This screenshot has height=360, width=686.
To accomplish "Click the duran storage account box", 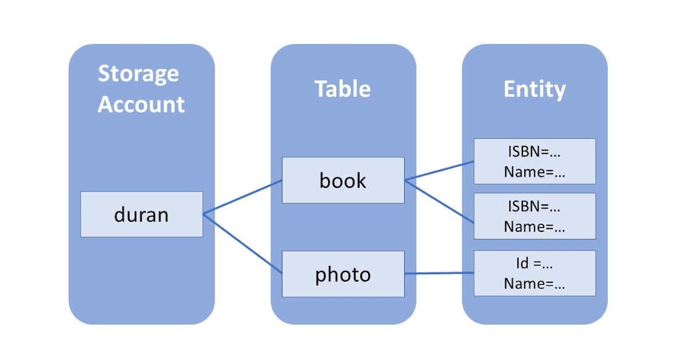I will (141, 214).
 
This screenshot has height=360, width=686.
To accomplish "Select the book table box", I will (343, 181).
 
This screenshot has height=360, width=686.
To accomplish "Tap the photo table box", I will (343, 274).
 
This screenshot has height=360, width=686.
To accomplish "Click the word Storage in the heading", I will (138, 74).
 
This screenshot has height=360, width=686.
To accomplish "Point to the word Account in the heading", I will (141, 105).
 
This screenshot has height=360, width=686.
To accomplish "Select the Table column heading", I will (343, 89).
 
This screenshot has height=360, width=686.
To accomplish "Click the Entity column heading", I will (535, 89).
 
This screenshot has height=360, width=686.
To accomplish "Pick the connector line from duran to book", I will (243, 197).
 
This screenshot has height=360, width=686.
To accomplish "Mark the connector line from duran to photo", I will (243, 244).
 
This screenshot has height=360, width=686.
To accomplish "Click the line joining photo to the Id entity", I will (439, 274).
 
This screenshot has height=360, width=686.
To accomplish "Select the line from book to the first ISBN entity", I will (439, 171).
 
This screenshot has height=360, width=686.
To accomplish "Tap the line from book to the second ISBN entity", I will (439, 201).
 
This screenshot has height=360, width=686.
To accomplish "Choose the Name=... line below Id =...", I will (535, 285).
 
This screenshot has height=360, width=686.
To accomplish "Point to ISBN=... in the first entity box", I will (535, 152).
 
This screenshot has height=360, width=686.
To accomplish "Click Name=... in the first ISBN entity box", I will (535, 173).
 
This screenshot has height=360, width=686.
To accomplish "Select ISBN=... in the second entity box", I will (535, 206).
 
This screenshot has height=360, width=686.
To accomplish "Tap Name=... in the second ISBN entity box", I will (535, 227).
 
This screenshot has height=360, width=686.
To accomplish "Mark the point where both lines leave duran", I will (204, 214).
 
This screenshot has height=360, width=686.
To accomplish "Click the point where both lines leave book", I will (405, 181).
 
